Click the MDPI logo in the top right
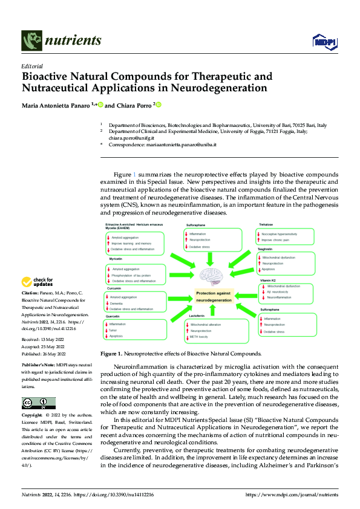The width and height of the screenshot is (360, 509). click(x=324, y=41)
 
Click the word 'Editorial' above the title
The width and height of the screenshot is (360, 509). click(x=31, y=66)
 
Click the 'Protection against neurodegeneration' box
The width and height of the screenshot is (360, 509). click(x=210, y=296)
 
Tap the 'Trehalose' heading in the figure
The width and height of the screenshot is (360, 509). click(x=267, y=224)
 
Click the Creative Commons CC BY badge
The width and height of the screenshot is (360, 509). click(x=38, y=403)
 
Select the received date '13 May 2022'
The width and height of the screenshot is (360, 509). click(x=54, y=342)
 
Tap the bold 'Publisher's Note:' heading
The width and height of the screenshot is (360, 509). click(x=38, y=366)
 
